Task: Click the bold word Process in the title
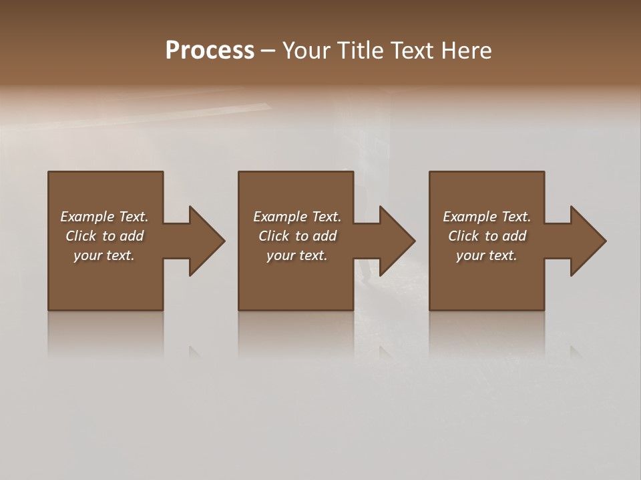210,51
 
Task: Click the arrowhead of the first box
206,241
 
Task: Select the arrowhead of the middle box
397,241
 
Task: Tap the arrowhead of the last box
588,241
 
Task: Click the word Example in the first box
87,217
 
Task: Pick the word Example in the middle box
280,217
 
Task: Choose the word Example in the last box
469,217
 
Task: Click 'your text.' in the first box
104,255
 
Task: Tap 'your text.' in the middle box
297,255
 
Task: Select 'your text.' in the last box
487,255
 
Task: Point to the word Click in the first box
80,236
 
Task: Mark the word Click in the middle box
273,236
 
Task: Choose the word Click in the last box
463,236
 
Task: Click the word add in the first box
132,236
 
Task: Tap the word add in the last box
514,236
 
